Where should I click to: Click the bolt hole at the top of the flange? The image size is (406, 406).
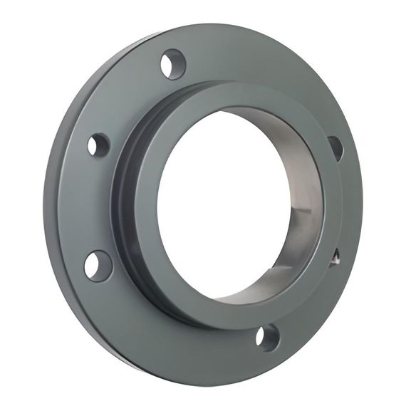tap(172, 64)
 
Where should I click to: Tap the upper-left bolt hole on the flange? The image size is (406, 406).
tap(98, 145)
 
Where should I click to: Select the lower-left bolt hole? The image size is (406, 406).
tap(98, 266)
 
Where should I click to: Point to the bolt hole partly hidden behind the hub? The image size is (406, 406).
tap(335, 147)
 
